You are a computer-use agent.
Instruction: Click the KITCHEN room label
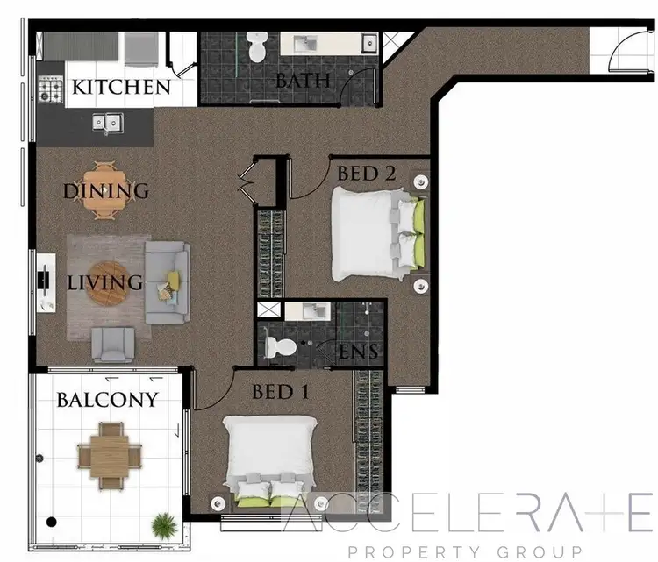click(x=120, y=87)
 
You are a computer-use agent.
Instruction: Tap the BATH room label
click(x=302, y=81)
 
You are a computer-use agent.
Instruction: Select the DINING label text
click(x=105, y=190)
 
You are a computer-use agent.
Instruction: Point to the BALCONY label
click(x=108, y=400)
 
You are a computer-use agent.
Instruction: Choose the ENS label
click(x=358, y=352)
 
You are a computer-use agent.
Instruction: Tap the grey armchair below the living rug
click(x=114, y=344)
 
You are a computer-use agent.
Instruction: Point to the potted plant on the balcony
click(x=162, y=525)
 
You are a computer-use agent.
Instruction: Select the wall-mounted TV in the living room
click(x=44, y=281)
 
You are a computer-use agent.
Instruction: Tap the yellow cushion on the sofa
click(x=173, y=280)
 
